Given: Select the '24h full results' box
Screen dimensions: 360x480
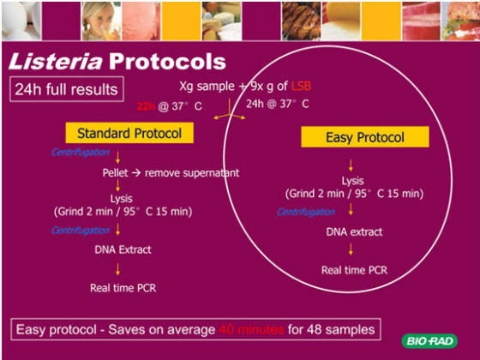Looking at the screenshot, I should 66,88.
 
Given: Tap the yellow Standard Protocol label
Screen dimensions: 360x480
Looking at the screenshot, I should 129,133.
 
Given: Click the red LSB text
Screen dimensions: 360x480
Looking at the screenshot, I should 301,87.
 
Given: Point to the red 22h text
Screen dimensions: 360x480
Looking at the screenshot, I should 146,105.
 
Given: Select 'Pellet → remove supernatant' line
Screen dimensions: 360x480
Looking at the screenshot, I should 171,172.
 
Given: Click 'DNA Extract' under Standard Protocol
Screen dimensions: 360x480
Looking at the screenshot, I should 123,249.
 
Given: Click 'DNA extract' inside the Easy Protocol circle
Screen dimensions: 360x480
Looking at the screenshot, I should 354,231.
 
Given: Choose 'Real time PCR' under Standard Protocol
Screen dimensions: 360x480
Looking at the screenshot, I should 123,287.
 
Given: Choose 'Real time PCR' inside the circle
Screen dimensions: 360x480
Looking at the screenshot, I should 353,270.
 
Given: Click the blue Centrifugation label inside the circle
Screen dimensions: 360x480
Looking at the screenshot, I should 305,212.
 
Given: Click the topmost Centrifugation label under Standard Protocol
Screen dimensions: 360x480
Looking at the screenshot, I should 81,152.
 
